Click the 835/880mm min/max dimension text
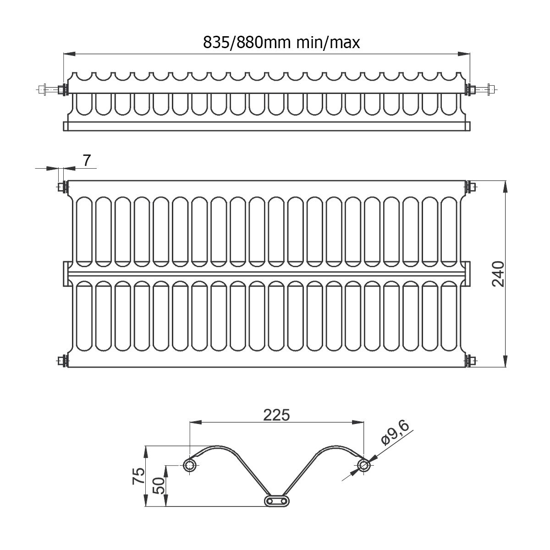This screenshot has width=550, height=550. (281, 43)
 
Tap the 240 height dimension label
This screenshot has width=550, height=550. (498, 274)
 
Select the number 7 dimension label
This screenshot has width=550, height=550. (87, 160)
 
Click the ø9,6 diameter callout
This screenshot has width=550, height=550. (395, 433)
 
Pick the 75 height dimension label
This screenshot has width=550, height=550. (138, 476)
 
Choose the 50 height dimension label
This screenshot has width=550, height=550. (159, 485)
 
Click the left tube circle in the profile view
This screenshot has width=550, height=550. (189, 466)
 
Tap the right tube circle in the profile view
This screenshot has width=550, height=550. (363, 466)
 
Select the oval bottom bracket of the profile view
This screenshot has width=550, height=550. (276, 501)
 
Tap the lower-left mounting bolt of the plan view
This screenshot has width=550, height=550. (62, 361)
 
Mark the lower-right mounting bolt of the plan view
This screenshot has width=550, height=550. (471, 361)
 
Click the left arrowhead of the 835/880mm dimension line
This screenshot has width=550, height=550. (69, 54)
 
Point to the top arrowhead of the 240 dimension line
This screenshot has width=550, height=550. (505, 187)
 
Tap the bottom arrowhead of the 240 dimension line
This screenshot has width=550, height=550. (505, 361)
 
